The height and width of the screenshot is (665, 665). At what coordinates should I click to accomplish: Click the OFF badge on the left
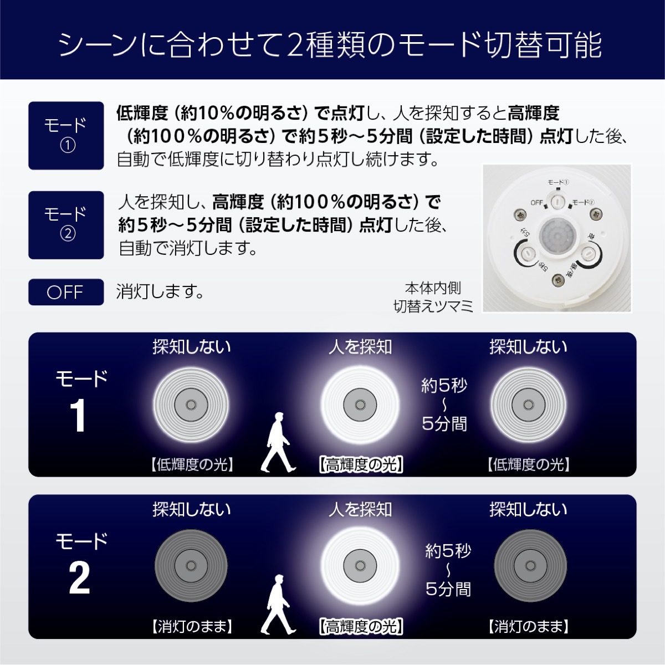[66, 292]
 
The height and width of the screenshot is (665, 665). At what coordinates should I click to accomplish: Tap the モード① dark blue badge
[66, 135]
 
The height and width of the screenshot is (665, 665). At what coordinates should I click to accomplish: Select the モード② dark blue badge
[66, 224]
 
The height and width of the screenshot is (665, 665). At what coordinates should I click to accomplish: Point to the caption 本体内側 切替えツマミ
[433, 297]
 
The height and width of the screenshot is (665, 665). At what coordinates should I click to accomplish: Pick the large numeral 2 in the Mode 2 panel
[79, 578]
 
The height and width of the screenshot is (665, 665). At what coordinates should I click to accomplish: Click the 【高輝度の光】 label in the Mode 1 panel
[361, 464]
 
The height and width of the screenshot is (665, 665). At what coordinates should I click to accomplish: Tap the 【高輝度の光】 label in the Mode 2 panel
[361, 627]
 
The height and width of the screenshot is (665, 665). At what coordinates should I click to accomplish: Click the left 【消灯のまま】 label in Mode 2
[191, 627]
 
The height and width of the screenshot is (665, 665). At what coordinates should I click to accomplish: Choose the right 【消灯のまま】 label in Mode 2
[529, 627]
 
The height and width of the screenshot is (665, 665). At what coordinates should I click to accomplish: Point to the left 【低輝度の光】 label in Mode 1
[191, 464]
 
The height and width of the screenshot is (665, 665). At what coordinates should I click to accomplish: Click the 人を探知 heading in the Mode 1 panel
[360, 347]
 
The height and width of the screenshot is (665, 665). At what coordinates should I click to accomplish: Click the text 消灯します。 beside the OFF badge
[160, 291]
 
